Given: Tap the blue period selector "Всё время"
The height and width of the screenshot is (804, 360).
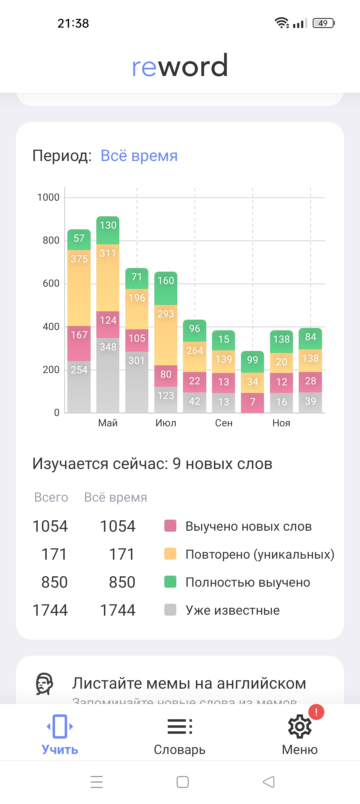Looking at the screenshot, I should click(139, 156).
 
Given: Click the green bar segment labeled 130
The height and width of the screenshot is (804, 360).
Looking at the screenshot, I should click(108, 230).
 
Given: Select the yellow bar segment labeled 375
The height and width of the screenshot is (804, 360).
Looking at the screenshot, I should click(79, 288).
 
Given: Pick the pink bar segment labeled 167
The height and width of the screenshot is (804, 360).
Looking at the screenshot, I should click(79, 343).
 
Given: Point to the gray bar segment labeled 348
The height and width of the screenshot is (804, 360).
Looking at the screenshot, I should click(108, 375).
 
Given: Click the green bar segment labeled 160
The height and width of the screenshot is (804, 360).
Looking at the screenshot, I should click(166, 288).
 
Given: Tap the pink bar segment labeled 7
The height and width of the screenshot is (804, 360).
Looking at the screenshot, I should click(252, 403).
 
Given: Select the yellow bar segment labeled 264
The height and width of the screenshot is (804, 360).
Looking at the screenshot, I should click(195, 357).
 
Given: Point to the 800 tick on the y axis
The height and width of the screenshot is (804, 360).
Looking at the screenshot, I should click(51, 240).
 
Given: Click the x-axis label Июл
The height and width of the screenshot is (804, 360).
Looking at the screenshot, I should click(166, 423).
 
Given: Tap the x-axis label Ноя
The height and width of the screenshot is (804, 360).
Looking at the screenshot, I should click(281, 423).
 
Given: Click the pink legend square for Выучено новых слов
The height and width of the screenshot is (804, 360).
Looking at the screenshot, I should click(170, 526).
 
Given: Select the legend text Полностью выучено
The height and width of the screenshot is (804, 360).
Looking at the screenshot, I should click(248, 582).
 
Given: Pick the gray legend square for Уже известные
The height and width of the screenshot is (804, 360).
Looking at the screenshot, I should click(170, 610).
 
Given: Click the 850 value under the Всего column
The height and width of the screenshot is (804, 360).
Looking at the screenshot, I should click(54, 582).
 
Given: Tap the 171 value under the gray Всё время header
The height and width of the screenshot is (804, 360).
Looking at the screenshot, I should click(122, 554).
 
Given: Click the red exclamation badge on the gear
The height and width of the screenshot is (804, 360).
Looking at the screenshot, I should click(316, 712).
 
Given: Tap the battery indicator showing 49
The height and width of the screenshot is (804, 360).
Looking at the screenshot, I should click(323, 23).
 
